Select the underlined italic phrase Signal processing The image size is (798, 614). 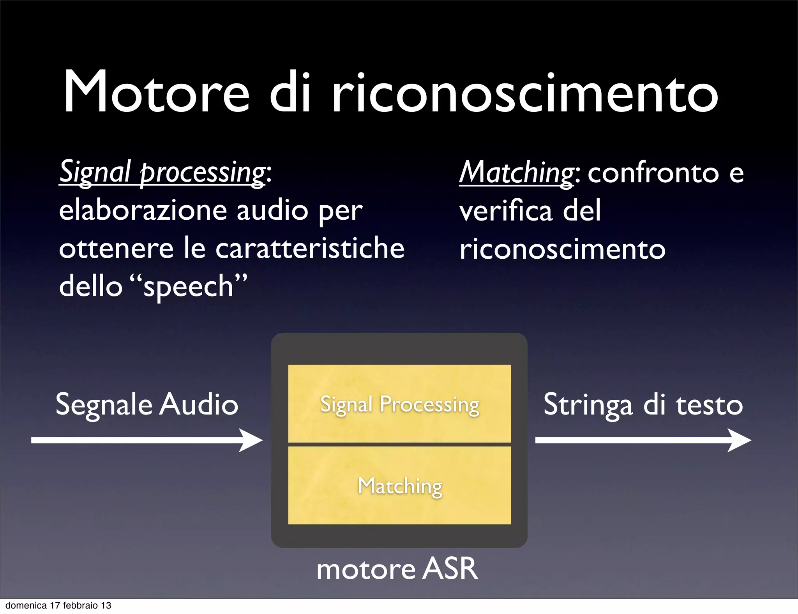tap(162, 173)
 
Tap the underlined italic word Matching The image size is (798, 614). tap(516, 173)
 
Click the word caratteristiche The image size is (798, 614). tap(310, 248)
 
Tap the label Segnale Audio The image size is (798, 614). tap(147, 404)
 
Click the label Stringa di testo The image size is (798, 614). tap(643, 404)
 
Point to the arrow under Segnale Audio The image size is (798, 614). tap(147, 440)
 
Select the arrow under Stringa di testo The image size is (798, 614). tap(643, 440)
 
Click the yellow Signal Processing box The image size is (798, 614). tap(399, 404)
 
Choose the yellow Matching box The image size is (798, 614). tap(399, 485)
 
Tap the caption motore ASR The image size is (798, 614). tap(397, 569)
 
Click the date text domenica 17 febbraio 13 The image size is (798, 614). tap(58, 605)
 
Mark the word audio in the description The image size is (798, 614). tap(272, 210)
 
